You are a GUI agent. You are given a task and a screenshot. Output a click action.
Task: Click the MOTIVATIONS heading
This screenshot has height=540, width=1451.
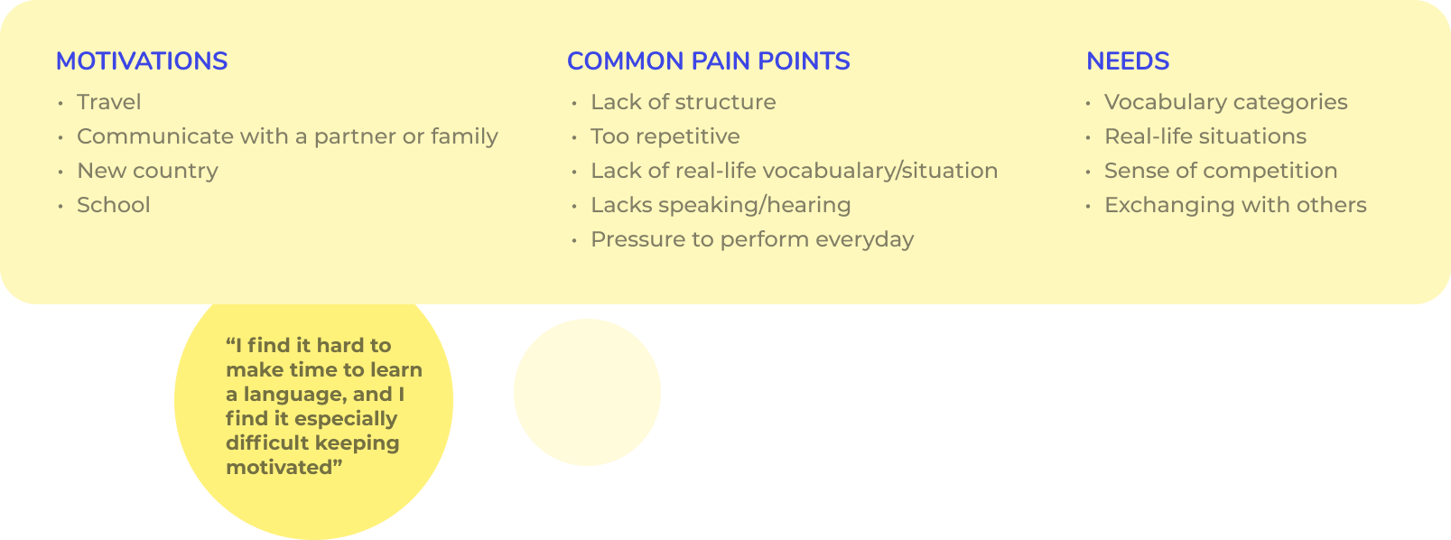[x=141, y=61]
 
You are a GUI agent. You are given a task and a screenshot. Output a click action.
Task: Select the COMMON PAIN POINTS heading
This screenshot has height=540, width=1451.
[x=708, y=61]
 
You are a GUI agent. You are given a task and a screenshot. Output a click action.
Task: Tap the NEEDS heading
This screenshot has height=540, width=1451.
[x=1127, y=61]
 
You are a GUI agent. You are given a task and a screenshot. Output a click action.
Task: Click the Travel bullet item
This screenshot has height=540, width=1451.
[x=109, y=102]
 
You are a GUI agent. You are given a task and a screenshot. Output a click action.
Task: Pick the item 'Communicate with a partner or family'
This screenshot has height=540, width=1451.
[x=288, y=136]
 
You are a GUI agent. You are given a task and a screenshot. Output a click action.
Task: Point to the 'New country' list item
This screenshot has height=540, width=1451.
[x=148, y=171]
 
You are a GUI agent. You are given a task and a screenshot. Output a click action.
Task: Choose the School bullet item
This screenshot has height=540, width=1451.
[x=114, y=205]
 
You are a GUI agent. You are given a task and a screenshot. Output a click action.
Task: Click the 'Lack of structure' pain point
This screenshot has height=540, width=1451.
[x=683, y=102]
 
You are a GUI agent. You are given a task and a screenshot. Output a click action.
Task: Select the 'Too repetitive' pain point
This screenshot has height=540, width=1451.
[x=665, y=136]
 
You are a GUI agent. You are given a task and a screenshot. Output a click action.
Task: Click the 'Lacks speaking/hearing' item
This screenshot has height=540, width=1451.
[x=721, y=205]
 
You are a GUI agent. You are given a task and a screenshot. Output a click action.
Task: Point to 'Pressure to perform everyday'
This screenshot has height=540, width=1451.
[x=752, y=239]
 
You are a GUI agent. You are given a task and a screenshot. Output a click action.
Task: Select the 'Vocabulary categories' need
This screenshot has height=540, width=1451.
[x=1225, y=102]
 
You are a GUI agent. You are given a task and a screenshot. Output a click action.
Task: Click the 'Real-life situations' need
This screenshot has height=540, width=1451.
[x=1205, y=136]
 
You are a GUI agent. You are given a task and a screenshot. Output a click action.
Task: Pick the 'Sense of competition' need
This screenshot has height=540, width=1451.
[x=1221, y=171]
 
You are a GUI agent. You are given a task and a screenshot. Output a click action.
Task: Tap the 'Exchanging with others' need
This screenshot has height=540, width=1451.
[x=1235, y=205]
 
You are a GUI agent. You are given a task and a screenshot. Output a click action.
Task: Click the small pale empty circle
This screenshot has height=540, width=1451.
[x=587, y=393]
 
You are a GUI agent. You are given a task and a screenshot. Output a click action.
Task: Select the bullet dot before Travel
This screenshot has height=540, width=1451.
[x=60, y=103]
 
